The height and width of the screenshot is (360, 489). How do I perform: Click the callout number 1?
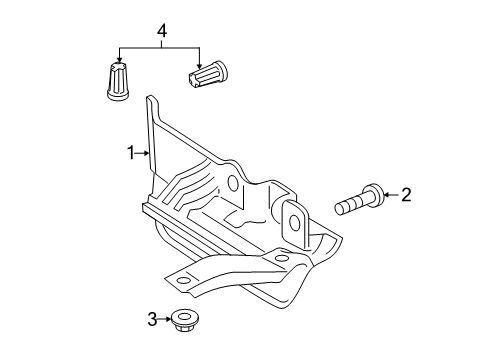pos(131,153)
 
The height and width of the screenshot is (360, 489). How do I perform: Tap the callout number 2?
pos(406,195)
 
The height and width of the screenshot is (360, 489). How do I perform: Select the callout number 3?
pos(152,319)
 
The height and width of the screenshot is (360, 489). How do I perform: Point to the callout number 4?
pos(161,31)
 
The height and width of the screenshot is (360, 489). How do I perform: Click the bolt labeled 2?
pos(359,199)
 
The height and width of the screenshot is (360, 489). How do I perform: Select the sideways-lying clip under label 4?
pos(208,75)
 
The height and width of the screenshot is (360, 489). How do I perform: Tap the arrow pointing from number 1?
pos(142,153)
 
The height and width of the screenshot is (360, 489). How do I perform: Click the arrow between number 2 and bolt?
pos(392,195)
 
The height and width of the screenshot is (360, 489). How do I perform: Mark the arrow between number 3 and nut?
pos(164,319)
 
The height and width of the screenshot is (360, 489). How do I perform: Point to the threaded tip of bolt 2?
pos(340,209)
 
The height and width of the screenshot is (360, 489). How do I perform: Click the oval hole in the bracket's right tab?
pos(294,223)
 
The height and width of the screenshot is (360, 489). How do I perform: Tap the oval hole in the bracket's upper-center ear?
pos(233,183)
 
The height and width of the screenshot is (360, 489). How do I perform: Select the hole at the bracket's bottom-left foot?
pos(183,280)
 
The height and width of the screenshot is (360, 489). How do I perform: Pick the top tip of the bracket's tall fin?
pos(150,96)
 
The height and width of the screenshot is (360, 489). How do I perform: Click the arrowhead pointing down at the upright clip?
pos(119,59)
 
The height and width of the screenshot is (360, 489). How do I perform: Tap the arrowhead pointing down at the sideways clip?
pos(199,66)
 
